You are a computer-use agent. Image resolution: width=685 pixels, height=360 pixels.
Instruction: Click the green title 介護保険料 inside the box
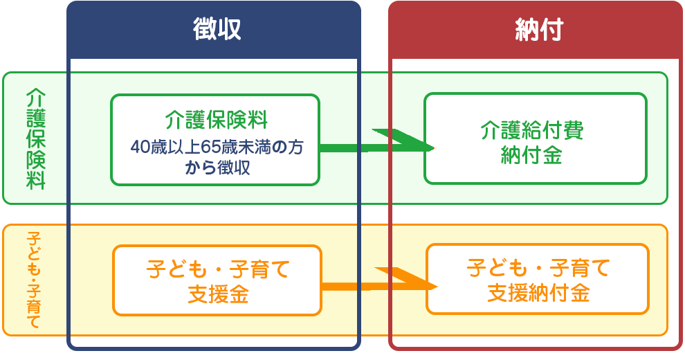(x=215, y=120)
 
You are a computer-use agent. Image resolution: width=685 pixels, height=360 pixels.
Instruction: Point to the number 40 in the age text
(x=139, y=148)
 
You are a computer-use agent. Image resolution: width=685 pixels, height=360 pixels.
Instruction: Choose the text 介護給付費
(x=533, y=131)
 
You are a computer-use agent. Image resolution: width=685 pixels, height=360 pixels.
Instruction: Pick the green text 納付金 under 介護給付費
(x=531, y=156)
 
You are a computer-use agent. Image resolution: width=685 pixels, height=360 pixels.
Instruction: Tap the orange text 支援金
(x=217, y=295)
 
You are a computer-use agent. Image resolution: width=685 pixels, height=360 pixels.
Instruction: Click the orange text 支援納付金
(x=538, y=294)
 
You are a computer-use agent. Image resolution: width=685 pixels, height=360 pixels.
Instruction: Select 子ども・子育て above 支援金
(x=217, y=269)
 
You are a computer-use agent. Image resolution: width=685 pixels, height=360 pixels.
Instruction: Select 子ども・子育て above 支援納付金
(x=538, y=267)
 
